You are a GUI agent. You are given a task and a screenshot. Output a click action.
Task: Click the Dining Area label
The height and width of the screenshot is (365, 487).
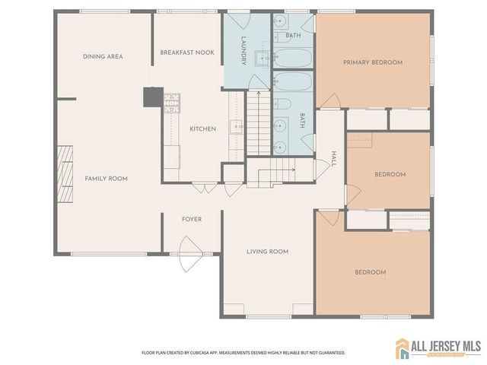[x=103, y=56]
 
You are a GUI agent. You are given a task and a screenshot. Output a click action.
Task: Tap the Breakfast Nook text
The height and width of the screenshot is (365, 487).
[x=187, y=52]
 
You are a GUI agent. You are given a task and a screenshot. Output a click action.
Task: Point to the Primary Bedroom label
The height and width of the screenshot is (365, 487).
[x=372, y=62]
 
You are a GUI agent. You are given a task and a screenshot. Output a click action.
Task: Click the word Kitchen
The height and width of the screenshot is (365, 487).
[x=202, y=129]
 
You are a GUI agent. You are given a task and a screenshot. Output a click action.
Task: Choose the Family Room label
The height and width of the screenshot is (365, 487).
[x=106, y=179]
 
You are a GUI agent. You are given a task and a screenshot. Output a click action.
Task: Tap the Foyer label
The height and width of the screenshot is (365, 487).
[x=192, y=219]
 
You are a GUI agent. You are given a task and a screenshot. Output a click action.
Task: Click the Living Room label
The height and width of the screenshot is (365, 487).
[x=267, y=252]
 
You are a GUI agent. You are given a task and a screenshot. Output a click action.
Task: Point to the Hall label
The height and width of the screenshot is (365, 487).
[x=333, y=157]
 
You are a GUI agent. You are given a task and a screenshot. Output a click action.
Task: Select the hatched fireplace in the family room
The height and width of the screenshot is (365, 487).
[x=66, y=176]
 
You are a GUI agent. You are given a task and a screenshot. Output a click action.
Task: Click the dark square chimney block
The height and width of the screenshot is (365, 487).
[x=153, y=97]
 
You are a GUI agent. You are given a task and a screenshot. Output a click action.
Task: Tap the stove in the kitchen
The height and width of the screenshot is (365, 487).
[x=170, y=100]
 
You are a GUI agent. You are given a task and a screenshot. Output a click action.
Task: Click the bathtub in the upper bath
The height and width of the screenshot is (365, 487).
[x=293, y=58]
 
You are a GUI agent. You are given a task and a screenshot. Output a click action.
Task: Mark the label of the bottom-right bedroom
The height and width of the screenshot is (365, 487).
[x=371, y=272]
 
